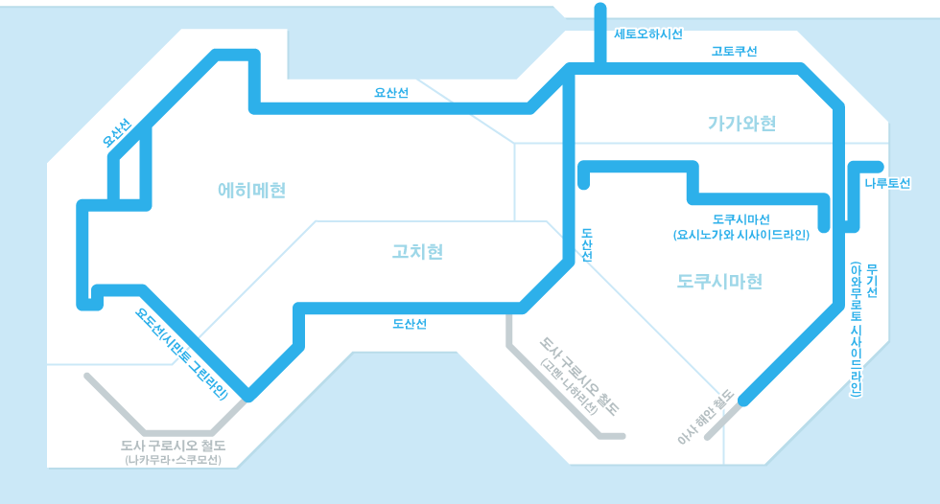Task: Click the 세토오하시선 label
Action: pos(648,34)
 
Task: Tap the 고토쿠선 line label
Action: pos(734,52)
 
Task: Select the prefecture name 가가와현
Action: pos(742,124)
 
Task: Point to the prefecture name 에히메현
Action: pos(251,191)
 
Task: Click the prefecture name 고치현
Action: pos(417,251)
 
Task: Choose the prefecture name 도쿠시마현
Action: pos(719,282)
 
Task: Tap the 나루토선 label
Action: pos(887,183)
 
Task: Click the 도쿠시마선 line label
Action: pos(740,219)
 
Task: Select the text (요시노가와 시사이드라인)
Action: pos(740,236)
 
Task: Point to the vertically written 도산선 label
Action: pos(587,244)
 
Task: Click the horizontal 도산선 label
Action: pos(410,324)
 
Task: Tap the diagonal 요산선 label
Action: pos(116,133)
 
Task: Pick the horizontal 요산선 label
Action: pos(391,93)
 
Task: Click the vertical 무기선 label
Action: pos(872,281)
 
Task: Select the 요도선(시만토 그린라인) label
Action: pos(181,354)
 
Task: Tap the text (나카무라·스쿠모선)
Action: pos(174,460)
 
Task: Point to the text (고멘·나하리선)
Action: pos(569,387)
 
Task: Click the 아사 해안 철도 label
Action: pos(705,417)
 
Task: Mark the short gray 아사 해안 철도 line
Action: pos(724,420)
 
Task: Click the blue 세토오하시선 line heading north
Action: pos(600,34)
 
